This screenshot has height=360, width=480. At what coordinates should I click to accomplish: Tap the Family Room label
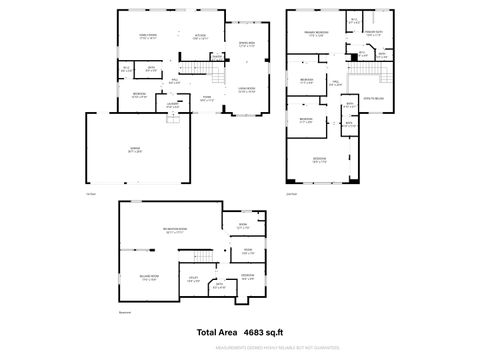click(x=147, y=35)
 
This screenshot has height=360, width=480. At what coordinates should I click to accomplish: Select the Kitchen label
click(x=200, y=35)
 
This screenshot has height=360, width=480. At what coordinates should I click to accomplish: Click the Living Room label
click(x=246, y=89)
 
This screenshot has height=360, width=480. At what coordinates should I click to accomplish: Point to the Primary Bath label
click(x=373, y=33)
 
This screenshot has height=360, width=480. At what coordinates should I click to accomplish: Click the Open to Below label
click(x=372, y=99)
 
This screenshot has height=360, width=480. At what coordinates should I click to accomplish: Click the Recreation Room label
click(x=176, y=231)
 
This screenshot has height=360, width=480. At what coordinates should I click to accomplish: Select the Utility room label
click(x=193, y=282)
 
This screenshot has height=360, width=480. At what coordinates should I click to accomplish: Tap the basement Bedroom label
click(x=247, y=276)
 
